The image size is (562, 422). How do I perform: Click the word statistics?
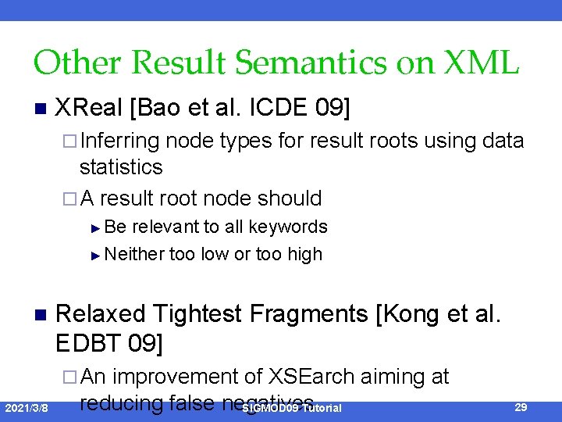click(121, 166)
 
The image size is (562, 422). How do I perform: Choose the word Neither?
click(134, 254)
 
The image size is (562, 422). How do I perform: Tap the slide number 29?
click(521, 407)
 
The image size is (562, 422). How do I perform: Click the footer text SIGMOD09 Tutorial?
click(292, 409)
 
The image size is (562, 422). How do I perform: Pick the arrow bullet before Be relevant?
click(95, 228)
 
